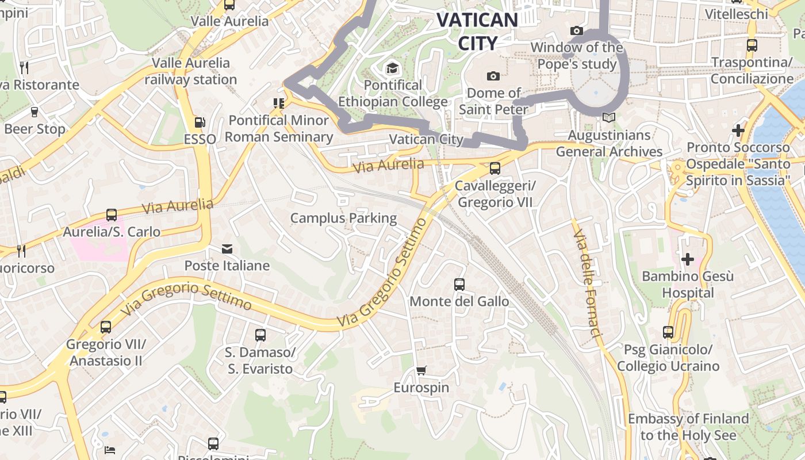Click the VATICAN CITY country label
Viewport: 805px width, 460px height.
tap(477, 31)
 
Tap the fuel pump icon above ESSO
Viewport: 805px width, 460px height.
tap(200, 122)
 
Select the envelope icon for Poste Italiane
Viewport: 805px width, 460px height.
tap(227, 249)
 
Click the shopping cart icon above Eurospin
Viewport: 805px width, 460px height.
tap(421, 371)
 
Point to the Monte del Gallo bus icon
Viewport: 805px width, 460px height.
tap(459, 285)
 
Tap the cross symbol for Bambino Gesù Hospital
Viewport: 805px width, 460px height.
tap(687, 259)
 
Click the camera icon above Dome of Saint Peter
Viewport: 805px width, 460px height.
tap(493, 76)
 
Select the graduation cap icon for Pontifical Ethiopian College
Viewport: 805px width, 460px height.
tap(392, 68)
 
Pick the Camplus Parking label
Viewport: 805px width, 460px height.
tap(343, 218)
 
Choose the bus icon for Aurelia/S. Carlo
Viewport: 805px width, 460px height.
tap(112, 215)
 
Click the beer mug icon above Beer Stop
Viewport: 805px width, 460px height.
tap(34, 112)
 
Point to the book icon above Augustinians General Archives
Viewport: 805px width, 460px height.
tap(608, 118)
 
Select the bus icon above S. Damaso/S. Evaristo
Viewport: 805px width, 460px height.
tap(260, 335)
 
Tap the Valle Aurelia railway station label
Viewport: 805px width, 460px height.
tap(190, 71)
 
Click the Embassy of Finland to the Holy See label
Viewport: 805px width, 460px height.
tap(688, 427)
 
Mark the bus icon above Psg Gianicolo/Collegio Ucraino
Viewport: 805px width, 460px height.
tap(668, 332)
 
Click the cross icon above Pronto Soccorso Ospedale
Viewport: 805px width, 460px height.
tap(738, 131)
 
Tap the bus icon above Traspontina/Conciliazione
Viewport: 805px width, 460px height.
tap(752, 45)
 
